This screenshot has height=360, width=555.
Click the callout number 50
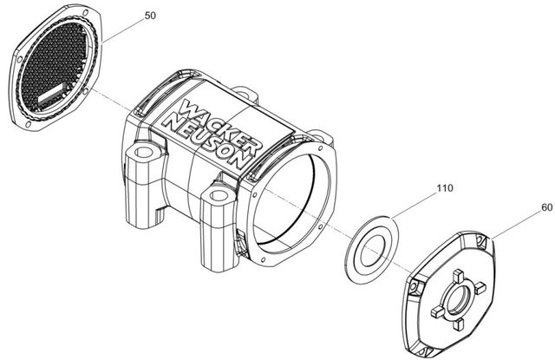tap(150, 16)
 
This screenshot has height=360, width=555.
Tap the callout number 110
tap(445, 187)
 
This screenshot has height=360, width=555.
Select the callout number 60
tap(547, 207)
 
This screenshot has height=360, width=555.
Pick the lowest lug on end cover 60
tap(458, 324)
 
